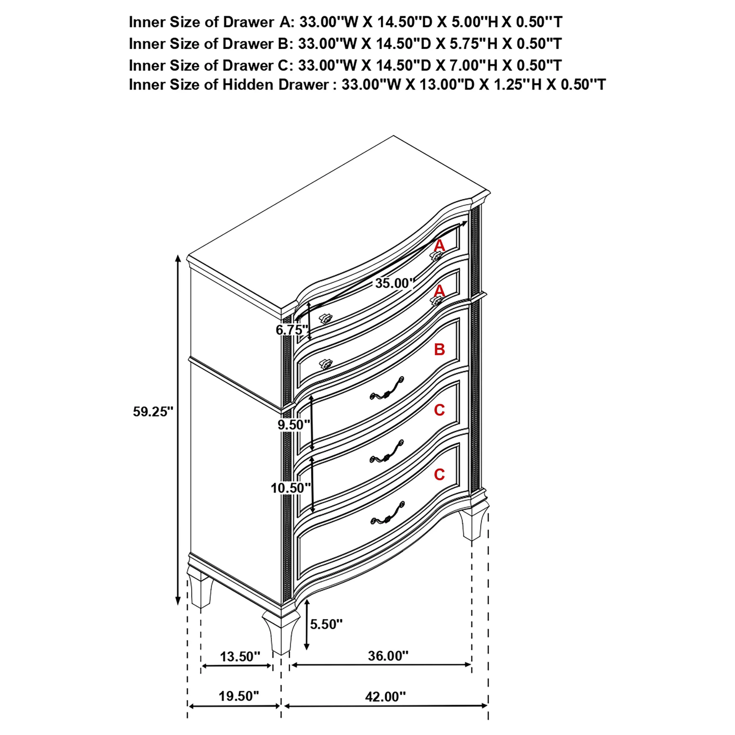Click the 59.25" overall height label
[x=153, y=412]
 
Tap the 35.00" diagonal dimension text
[x=395, y=283]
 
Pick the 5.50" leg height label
[x=326, y=624]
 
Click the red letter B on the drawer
[x=440, y=349]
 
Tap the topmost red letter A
[x=440, y=246]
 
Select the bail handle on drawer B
[x=387, y=388]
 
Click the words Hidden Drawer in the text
[x=275, y=84]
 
